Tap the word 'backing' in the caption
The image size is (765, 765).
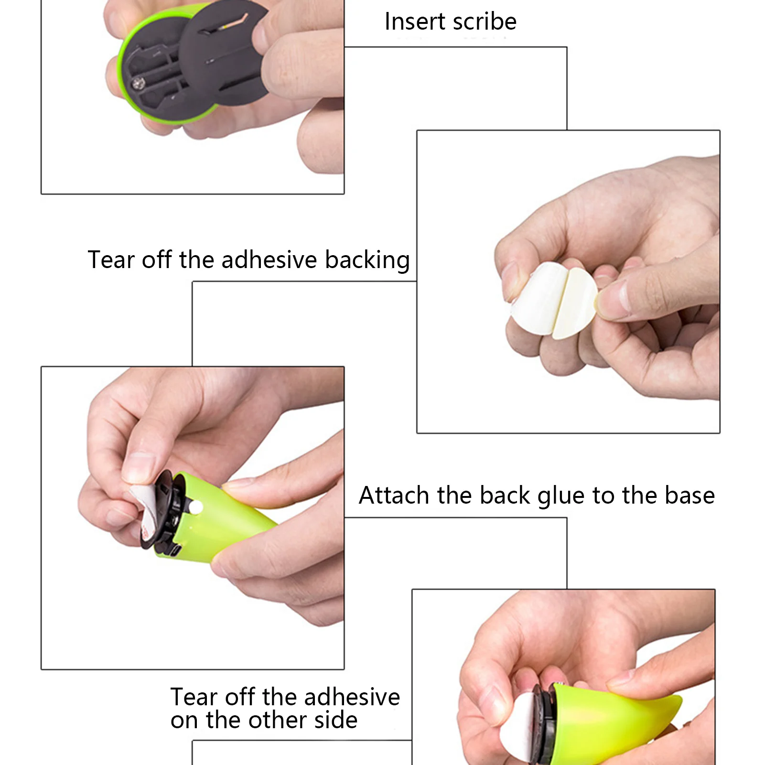coord(367,260)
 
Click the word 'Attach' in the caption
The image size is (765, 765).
coord(394,495)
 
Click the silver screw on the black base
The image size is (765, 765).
coord(139,84)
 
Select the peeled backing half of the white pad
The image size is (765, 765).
coord(576,303)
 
